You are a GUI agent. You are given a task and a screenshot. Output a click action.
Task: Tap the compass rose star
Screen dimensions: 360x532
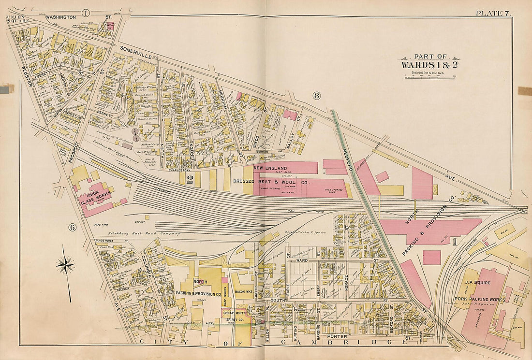(65, 264)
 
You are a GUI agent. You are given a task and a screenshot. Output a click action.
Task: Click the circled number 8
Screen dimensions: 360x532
(317, 96)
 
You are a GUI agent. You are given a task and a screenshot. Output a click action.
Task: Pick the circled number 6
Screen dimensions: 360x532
(72, 228)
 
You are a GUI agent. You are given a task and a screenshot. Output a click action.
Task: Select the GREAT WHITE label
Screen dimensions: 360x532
(235, 313)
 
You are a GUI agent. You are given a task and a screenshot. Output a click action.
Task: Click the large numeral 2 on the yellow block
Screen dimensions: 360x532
(190, 180)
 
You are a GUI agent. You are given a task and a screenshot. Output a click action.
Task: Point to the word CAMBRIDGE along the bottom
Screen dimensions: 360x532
(343, 343)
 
